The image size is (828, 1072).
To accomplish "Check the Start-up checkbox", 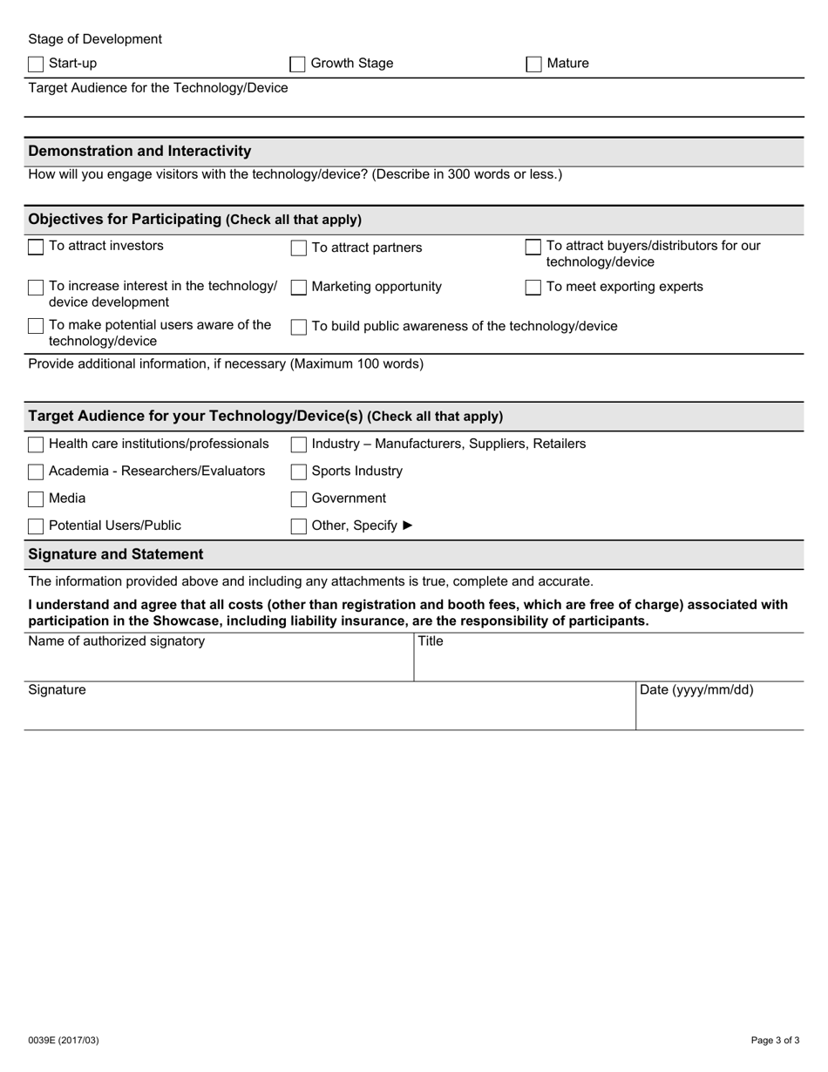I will pyautogui.click(x=36, y=64).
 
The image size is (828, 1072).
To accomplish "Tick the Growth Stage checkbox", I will pyautogui.click(x=298, y=64).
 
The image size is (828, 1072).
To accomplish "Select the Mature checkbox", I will pyautogui.click(x=533, y=64).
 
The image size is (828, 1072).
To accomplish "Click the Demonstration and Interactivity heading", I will pyautogui.click(x=139, y=151).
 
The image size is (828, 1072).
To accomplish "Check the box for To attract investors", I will pyautogui.click(x=36, y=248).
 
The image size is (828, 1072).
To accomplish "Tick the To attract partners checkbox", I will pyautogui.click(x=298, y=248).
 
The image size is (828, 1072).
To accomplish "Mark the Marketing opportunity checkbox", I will pyautogui.click(x=298, y=288).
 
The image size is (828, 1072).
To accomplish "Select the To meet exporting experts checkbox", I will pyautogui.click(x=533, y=288).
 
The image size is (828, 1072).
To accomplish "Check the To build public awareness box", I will pyautogui.click(x=298, y=327).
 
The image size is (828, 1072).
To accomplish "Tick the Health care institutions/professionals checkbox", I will pyautogui.click(x=36, y=444).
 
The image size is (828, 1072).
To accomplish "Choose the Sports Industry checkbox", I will pyautogui.click(x=298, y=472).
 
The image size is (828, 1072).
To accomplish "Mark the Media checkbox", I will pyautogui.click(x=36, y=499).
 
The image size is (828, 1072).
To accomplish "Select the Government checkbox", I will pyautogui.click(x=298, y=499).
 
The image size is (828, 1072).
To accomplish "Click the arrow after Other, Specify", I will pyautogui.click(x=407, y=526).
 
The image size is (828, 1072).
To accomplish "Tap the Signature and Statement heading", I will pyautogui.click(x=116, y=554).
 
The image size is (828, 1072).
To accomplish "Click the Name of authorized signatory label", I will pyautogui.click(x=117, y=641).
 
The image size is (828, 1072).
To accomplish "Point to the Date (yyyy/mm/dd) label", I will pyautogui.click(x=696, y=690).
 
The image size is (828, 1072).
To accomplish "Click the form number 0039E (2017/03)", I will pyautogui.click(x=64, y=1040).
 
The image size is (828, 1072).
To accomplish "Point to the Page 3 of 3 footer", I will pyautogui.click(x=775, y=1040).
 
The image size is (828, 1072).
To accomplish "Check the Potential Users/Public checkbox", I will pyautogui.click(x=36, y=526).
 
